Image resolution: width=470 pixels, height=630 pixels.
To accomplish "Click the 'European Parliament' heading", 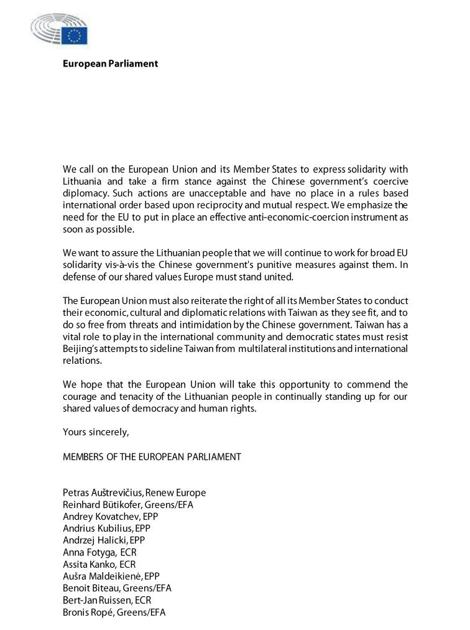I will (x=110, y=63).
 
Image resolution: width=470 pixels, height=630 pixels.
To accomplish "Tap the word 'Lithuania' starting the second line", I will (x=83, y=181).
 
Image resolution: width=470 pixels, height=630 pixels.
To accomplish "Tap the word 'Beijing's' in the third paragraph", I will (x=83, y=348).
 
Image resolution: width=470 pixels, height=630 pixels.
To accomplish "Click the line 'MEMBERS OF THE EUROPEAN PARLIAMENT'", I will (x=152, y=456).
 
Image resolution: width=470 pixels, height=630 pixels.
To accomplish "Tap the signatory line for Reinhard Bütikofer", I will (x=128, y=504).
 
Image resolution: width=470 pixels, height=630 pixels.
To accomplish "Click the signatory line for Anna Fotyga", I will (x=99, y=552).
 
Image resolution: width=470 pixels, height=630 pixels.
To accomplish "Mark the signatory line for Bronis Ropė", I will (x=114, y=612).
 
